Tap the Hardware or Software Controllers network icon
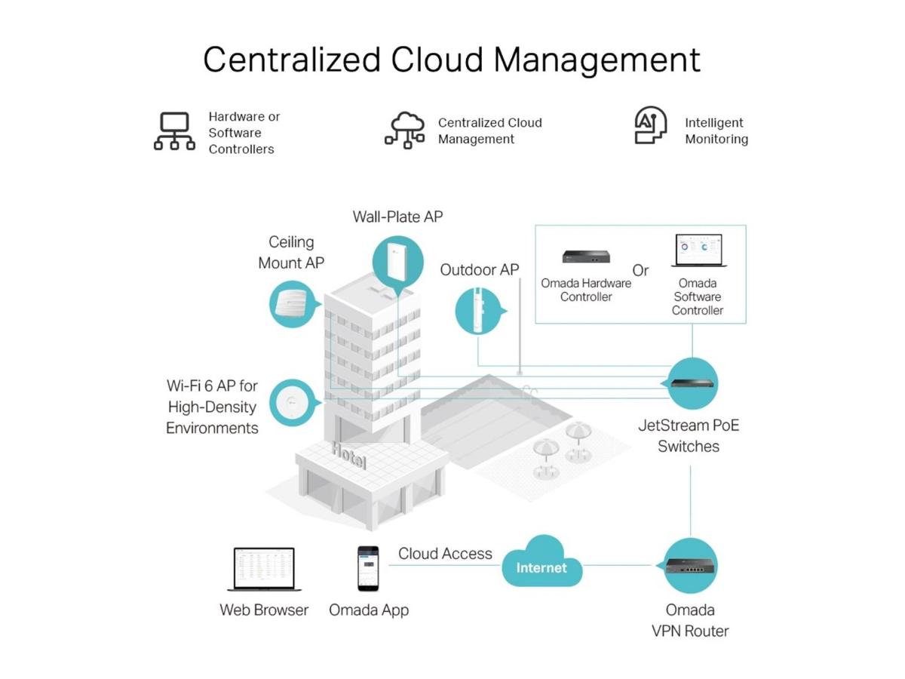174,131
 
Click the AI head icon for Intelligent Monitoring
650,126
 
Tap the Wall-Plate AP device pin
393,263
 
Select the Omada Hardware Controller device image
585,257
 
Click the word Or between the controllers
640,270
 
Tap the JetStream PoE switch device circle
692,383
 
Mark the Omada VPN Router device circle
689,567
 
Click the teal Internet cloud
541,564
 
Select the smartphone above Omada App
368,568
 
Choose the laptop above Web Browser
264,570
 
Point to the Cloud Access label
445,554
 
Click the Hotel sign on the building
348,455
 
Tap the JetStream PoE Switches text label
689,435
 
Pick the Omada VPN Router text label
690,620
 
